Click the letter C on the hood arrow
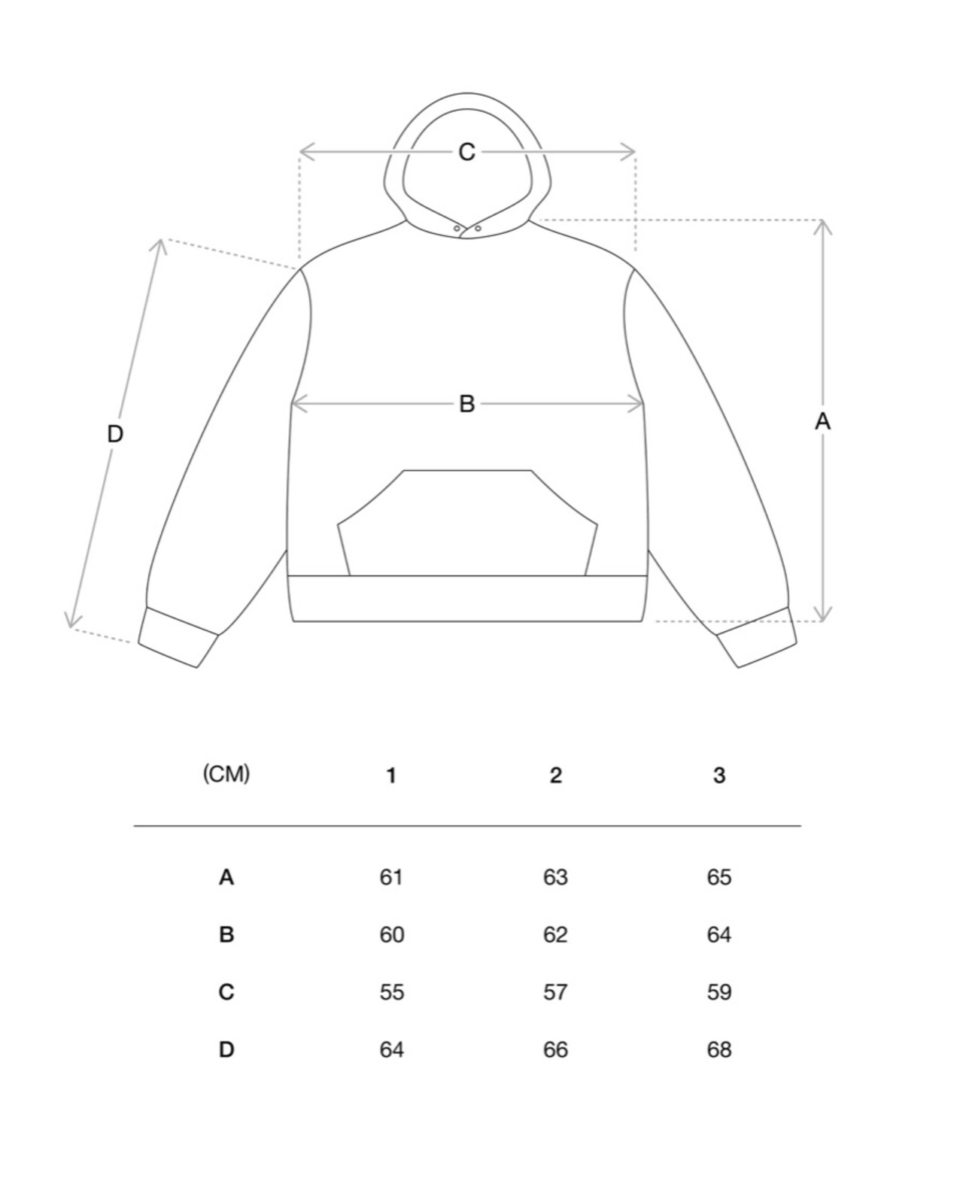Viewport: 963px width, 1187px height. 466,152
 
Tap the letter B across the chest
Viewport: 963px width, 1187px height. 466,404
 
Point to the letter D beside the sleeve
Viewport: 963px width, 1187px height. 114,434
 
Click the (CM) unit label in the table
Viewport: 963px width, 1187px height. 226,773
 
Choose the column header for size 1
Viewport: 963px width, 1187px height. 391,776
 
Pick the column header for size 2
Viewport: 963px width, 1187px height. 555,776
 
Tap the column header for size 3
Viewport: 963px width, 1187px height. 719,776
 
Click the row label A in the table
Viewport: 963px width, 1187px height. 226,877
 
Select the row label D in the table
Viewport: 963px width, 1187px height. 226,1049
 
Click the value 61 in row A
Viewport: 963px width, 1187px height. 391,877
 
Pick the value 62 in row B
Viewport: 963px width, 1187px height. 555,935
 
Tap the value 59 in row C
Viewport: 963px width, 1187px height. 719,992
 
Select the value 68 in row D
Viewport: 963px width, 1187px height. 719,1049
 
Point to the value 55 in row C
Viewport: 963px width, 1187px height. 391,992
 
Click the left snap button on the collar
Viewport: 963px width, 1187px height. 457,228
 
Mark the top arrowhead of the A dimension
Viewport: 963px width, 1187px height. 824,224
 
